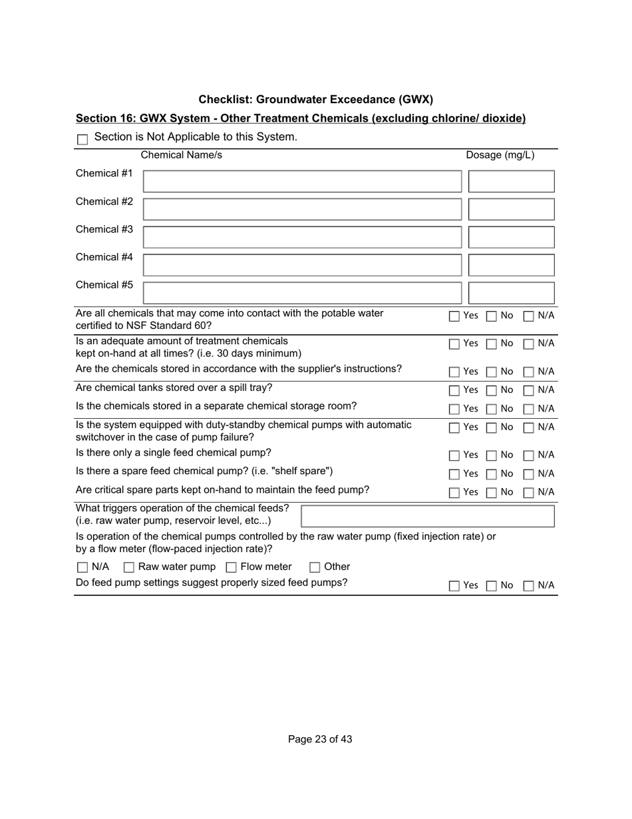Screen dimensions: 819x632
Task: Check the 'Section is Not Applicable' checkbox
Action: pos(82,139)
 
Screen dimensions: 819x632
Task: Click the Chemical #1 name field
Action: pos(302,181)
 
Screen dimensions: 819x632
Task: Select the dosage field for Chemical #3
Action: pos(511,237)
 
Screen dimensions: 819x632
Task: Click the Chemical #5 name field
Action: pos(302,293)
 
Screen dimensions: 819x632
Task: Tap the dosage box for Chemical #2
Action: pos(511,209)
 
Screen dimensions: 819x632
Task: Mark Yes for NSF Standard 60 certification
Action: pos(454,316)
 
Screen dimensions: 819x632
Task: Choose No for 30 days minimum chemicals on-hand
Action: pos(492,344)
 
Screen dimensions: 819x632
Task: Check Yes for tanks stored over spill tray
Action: pos(454,390)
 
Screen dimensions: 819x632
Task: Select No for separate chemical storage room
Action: pos(492,409)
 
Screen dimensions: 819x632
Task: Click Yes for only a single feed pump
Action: pos(454,455)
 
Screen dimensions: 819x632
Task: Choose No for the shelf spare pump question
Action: pos(492,474)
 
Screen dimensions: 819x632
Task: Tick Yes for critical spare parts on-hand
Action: pos(454,493)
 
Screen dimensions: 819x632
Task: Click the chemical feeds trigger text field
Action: pos(428,516)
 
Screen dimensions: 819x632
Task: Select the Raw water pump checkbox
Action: pos(129,568)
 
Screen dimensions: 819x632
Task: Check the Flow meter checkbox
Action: pos(232,568)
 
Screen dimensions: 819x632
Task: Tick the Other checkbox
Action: pos(315,568)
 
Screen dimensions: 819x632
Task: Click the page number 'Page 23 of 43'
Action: pos(320,739)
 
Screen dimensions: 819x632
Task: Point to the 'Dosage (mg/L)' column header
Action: pos(500,155)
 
